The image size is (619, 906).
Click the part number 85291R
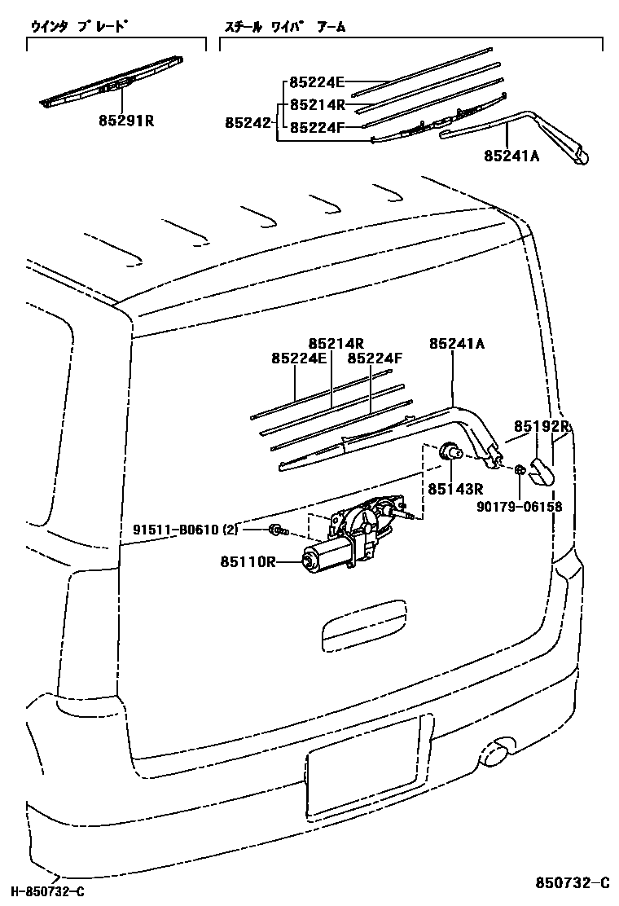click(126, 122)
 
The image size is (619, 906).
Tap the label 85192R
click(542, 426)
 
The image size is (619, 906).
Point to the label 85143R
click(456, 489)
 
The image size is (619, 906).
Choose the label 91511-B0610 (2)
click(186, 530)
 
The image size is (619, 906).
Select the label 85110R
click(248, 561)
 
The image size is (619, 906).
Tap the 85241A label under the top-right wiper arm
click(511, 156)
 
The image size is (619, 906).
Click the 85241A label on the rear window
click(457, 345)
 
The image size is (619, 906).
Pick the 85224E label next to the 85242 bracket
click(317, 81)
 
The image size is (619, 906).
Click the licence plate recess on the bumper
click(363, 767)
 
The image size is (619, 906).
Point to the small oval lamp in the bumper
click(496, 754)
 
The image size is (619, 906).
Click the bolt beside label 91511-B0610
click(277, 530)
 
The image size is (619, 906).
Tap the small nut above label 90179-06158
click(519, 469)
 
